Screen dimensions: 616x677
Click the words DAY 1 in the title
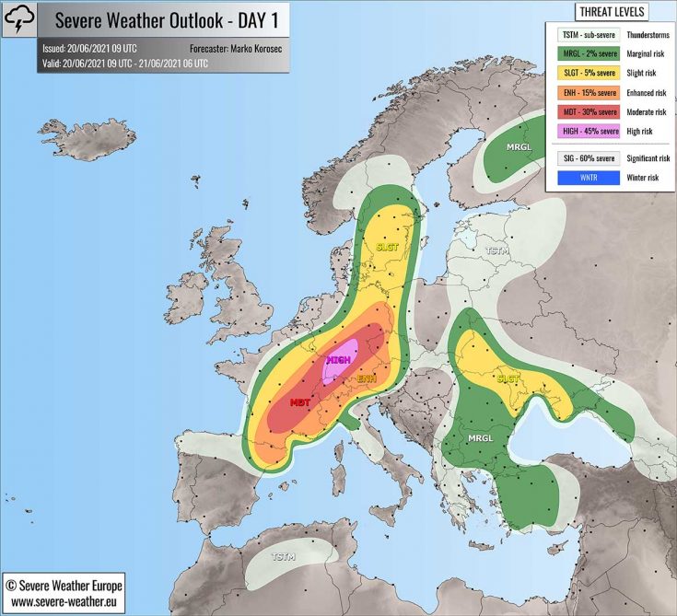tap(253, 19)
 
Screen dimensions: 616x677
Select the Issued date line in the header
tap(89, 47)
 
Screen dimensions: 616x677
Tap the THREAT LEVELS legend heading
tap(611, 12)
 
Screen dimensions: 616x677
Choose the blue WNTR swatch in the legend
tap(588, 178)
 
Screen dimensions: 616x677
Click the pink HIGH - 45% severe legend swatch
tap(588, 131)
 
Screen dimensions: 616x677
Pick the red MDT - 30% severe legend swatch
tap(588, 111)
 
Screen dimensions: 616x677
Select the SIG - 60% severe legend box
tap(588, 158)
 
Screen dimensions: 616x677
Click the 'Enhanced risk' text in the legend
tap(647, 92)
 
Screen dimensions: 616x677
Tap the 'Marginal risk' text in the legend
tap(647, 54)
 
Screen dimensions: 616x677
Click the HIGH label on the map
tap(338, 360)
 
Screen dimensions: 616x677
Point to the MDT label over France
tap(299, 402)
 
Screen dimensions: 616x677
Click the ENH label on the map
tap(367, 378)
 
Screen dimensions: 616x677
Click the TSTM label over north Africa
tap(283, 556)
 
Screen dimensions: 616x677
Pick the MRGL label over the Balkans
tap(482, 437)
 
